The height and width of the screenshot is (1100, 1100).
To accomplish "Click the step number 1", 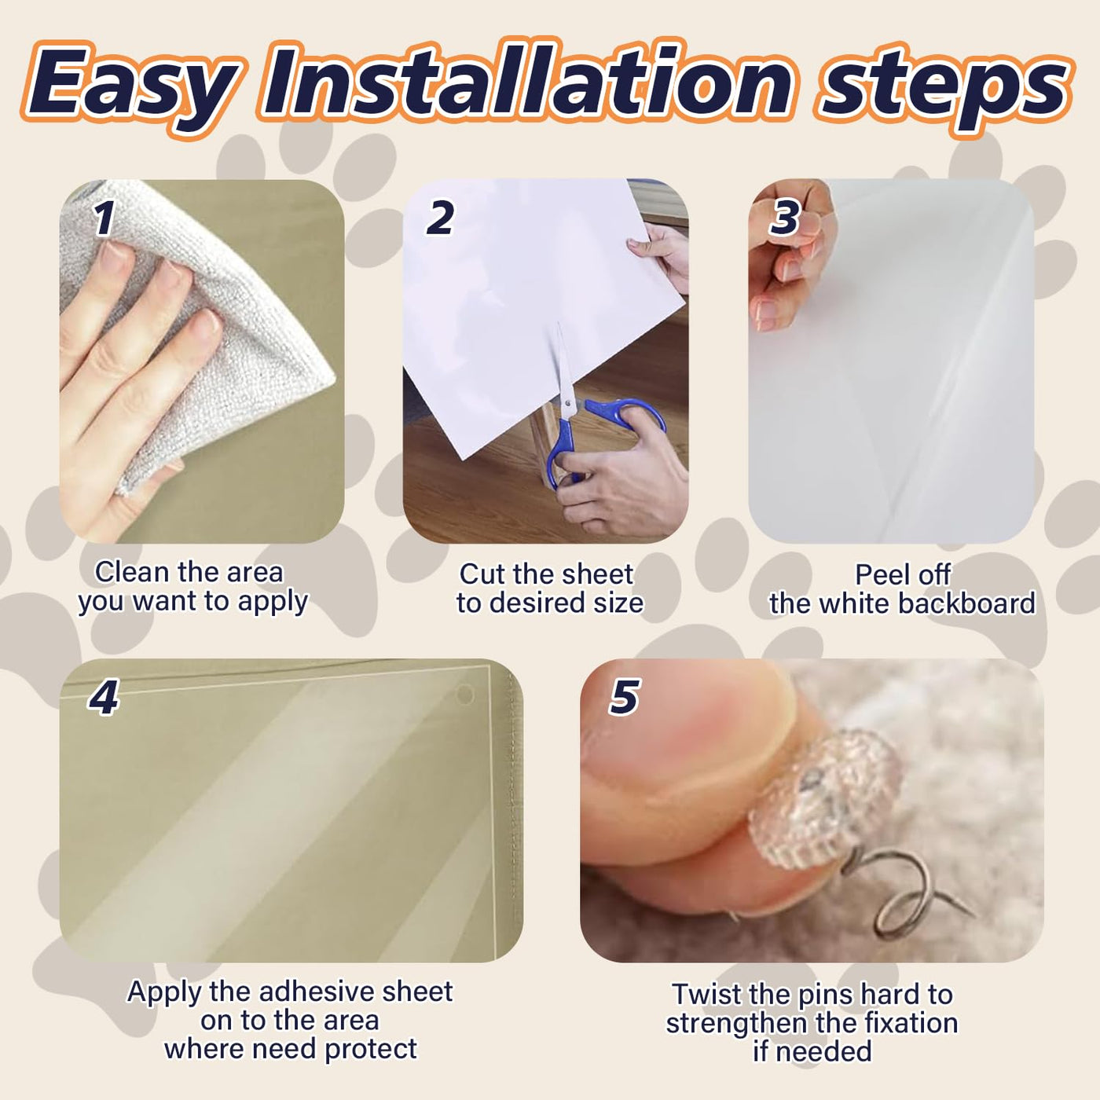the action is click(x=104, y=218).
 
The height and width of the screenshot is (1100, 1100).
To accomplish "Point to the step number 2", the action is click(x=440, y=218).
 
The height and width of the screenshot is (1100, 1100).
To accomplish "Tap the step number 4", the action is click(x=103, y=697).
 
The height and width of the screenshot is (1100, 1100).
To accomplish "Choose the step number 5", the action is click(x=624, y=697).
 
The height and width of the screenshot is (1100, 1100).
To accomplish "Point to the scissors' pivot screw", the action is click(x=566, y=404).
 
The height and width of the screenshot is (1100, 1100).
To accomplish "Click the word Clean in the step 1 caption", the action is click(x=133, y=572).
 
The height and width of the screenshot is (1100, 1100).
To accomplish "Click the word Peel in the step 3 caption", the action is click(x=878, y=575).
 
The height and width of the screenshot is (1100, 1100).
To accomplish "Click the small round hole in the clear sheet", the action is click(x=464, y=694).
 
